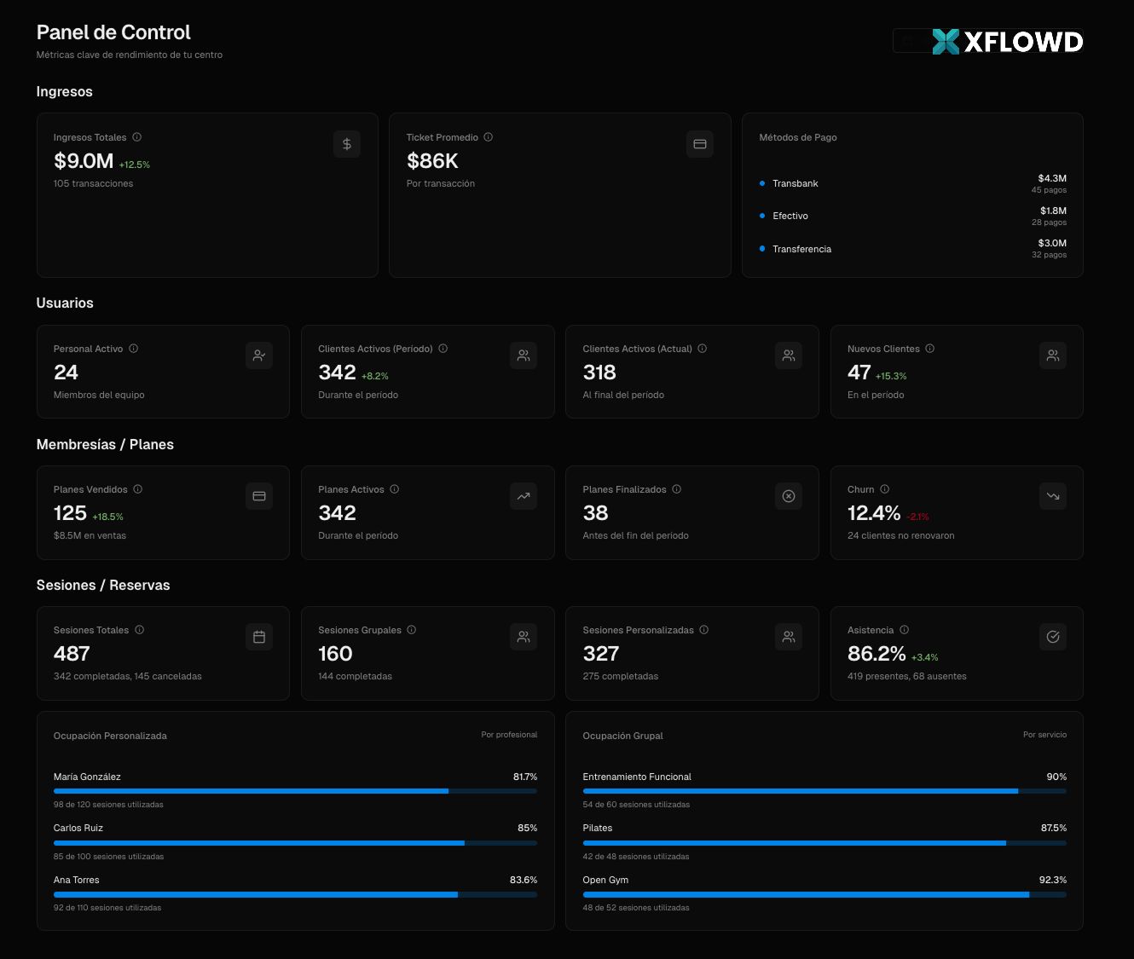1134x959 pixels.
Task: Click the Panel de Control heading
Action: point(113,32)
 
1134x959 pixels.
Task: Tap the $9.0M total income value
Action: point(83,160)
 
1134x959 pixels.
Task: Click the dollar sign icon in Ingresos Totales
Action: point(346,144)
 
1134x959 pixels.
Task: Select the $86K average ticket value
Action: point(432,160)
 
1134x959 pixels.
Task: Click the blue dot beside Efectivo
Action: point(761,216)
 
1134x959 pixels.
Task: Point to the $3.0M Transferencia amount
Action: point(1052,243)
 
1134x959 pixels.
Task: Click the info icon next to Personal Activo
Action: point(133,349)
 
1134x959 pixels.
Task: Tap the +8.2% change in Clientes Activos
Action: point(374,376)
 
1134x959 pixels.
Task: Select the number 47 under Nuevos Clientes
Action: point(859,373)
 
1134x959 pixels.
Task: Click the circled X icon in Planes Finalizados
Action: point(788,496)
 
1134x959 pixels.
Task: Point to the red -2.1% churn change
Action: point(917,517)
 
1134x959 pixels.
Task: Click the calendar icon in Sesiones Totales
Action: point(259,637)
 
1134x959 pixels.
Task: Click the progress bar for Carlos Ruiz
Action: point(295,843)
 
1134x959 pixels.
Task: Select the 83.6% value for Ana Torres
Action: point(523,880)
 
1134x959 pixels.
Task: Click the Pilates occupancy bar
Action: point(824,843)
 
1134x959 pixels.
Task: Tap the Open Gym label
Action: point(605,880)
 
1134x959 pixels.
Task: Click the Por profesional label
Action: point(509,735)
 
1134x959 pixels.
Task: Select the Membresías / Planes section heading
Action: point(105,444)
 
